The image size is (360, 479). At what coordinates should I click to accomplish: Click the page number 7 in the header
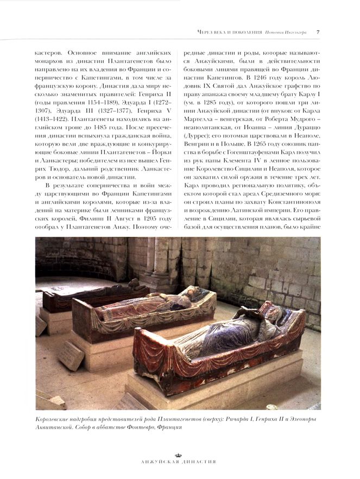click(x=318, y=33)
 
